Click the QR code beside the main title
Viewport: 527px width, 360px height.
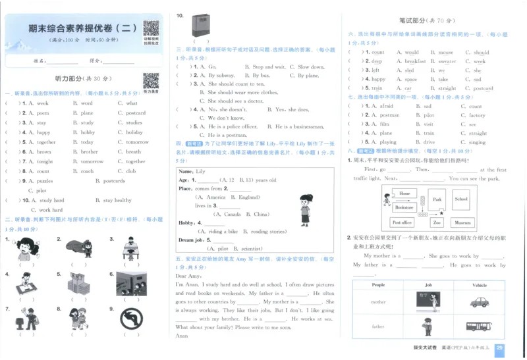coord(151,28)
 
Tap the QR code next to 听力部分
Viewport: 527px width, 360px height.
coord(150,80)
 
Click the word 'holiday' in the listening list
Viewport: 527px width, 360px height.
coord(134,132)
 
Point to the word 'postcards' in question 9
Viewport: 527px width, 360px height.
coord(114,180)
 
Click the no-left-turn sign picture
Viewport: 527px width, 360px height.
coord(131,320)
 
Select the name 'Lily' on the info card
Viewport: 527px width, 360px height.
coord(201,171)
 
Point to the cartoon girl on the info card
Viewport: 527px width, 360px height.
coord(305,209)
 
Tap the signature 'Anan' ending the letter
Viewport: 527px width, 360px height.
coord(182,336)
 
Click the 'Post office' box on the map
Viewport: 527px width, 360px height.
coord(402,222)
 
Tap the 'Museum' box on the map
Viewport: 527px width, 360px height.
coord(463,222)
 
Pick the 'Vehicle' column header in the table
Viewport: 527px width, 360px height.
coord(479,285)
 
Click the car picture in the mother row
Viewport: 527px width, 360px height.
coord(479,302)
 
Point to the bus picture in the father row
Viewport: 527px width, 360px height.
coord(479,326)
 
